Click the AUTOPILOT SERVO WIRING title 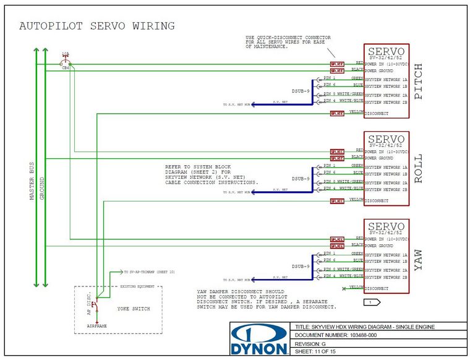click(97, 26)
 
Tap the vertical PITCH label click(419, 82)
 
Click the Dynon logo click(259, 341)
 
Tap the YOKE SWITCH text click(133, 308)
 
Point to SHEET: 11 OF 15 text click(320, 351)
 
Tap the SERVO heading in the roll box click(386, 139)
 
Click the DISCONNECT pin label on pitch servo click(377, 114)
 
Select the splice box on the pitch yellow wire click(337, 114)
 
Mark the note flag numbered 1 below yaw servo click(370, 302)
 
